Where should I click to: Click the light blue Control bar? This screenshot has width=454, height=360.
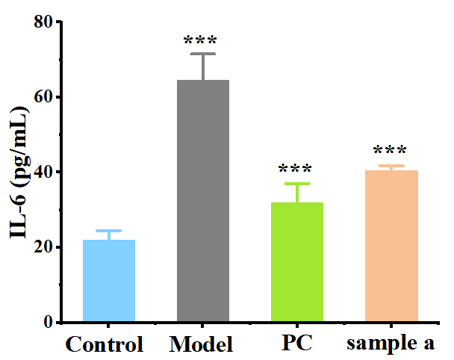[109, 281]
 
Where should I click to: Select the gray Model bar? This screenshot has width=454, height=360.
[203, 201]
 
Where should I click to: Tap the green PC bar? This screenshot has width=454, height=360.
[297, 262]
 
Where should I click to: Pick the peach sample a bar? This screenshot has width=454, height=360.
[391, 246]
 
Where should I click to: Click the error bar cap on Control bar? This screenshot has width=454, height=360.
[109, 231]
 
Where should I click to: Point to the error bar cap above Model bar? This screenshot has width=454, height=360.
[203, 54]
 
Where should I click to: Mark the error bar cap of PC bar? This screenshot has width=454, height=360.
[297, 184]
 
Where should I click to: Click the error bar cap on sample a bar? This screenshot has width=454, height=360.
[391, 166]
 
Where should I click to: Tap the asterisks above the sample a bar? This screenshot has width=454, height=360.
[391, 152]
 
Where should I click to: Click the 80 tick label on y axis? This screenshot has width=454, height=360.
[47, 22]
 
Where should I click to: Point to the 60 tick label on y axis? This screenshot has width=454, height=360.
[47, 97]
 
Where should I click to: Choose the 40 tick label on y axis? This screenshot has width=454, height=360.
[47, 172]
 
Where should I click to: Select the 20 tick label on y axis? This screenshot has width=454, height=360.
[47, 247]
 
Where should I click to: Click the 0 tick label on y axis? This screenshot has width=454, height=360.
[52, 322]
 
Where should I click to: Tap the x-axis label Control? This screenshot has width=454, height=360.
[105, 345]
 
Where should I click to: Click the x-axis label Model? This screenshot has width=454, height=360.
[202, 345]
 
